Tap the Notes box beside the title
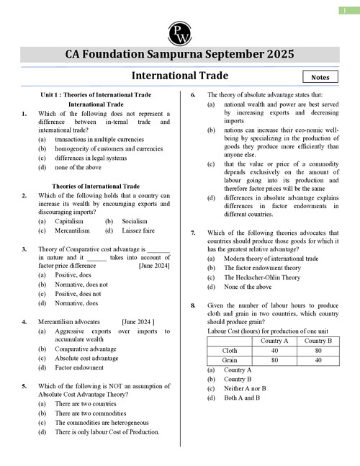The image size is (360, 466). click(320, 76)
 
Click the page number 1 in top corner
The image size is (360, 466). click(346, 9)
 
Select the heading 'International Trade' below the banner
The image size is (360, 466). click(179, 76)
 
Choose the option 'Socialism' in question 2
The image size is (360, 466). click(134, 222)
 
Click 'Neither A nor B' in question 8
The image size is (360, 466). click(245, 388)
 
